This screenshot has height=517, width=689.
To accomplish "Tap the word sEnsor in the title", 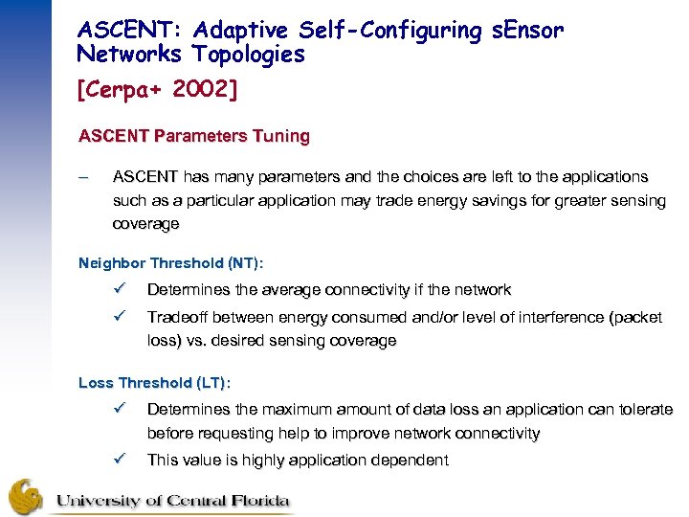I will [x=525, y=31].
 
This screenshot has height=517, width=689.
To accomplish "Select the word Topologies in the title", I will [x=249, y=55].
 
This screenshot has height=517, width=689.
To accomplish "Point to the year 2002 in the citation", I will [x=208, y=89].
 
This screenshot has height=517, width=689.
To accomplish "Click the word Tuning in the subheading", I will [x=281, y=136].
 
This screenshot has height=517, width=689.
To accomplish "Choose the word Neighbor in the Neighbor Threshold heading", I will [x=108, y=262].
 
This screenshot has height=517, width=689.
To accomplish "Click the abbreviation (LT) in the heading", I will [x=211, y=383].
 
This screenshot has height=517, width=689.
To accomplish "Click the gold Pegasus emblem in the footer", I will [x=26, y=496].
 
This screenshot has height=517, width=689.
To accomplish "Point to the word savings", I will [x=490, y=201].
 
